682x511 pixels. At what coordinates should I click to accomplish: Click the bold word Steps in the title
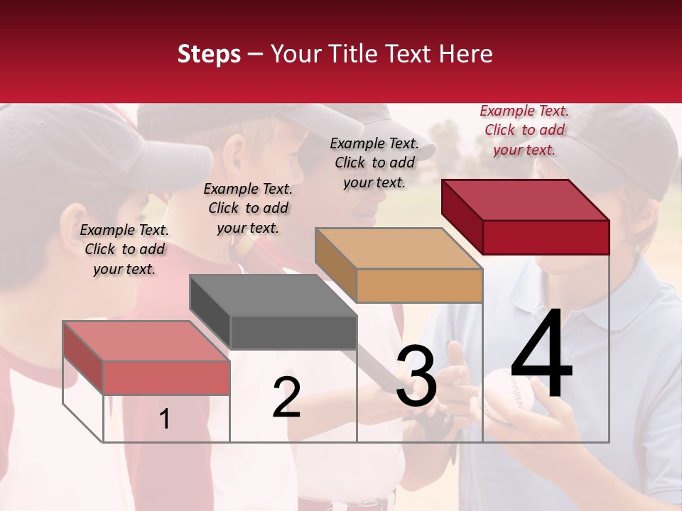click(x=209, y=54)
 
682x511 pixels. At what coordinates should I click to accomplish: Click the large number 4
click(x=541, y=355)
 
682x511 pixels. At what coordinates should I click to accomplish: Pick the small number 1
click(x=164, y=419)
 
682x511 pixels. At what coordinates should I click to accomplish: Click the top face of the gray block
click(x=273, y=295)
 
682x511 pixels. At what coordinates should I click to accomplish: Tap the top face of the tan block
click(x=399, y=248)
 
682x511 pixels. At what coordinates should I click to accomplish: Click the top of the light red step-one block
click(x=146, y=341)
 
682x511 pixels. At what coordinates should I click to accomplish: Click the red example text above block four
click(x=524, y=130)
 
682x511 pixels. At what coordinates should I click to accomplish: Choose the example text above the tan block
click(x=374, y=163)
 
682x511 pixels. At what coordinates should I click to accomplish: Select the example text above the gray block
click(x=248, y=208)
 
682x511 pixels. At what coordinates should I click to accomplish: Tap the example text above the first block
click(x=124, y=249)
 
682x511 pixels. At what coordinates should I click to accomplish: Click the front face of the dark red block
click(x=546, y=237)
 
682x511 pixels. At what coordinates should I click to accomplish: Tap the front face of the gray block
click(x=293, y=333)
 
